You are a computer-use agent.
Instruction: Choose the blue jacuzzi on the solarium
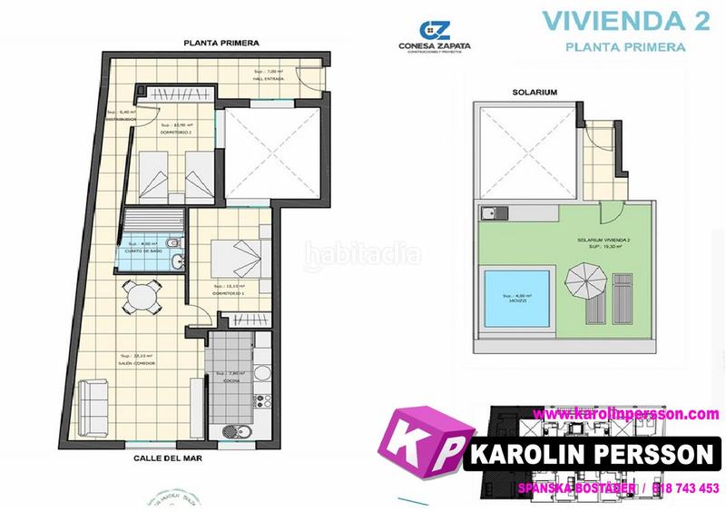pos(515,298)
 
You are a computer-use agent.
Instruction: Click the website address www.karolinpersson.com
pos(626,413)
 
